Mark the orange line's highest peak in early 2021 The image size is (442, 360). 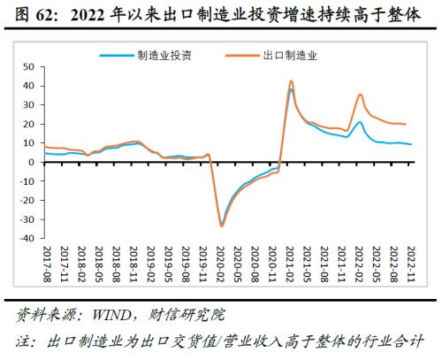tap(292, 81)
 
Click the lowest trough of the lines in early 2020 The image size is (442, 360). tap(222, 226)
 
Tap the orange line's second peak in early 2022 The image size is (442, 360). tap(360, 95)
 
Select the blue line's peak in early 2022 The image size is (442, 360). tap(359, 123)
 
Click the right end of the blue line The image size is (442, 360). tap(411, 144)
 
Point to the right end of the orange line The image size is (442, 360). tap(406, 125)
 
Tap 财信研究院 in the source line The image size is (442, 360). tap(192, 314)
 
